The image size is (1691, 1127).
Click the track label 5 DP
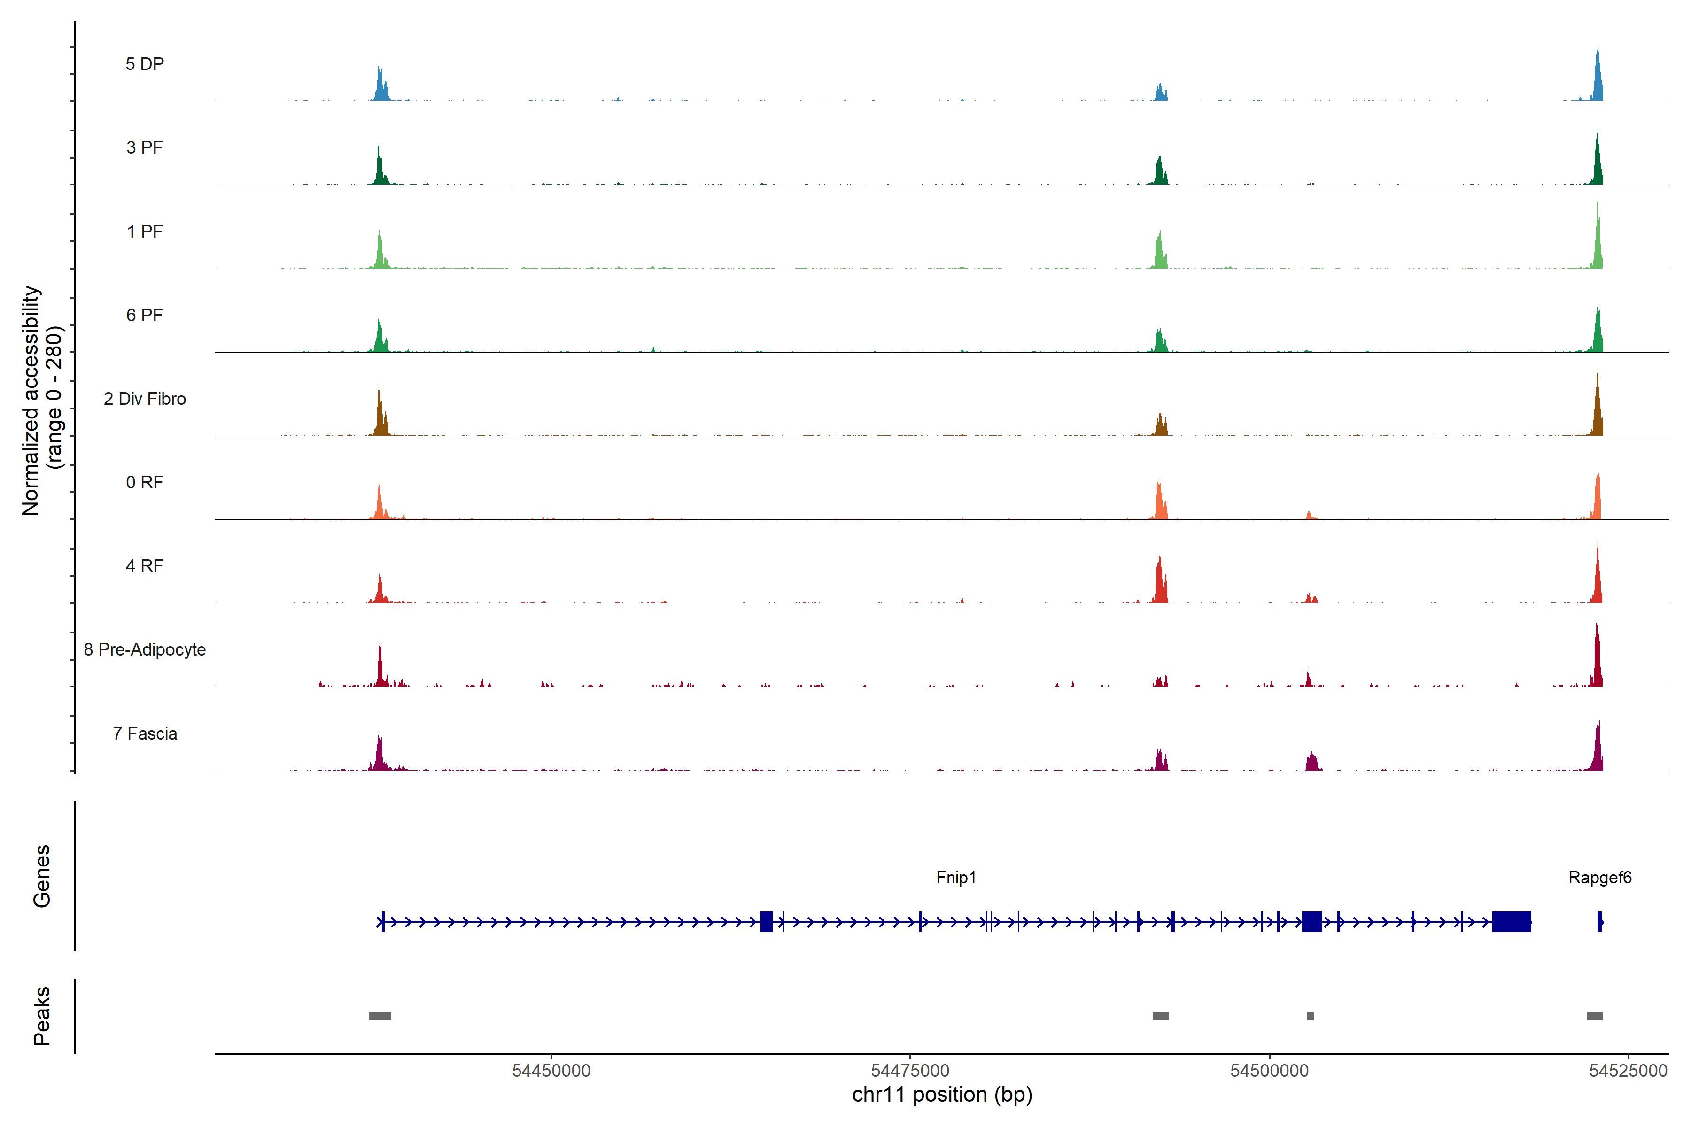pyautogui.click(x=145, y=64)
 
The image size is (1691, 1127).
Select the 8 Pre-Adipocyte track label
pyautogui.click(x=145, y=650)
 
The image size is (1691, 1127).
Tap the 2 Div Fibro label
pyautogui.click(x=145, y=399)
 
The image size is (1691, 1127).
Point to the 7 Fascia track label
pyautogui.click(x=145, y=734)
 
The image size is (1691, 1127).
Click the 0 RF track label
pyautogui.click(x=145, y=482)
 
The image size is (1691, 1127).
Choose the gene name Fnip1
pyautogui.click(x=955, y=878)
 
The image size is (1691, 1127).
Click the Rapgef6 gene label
pyautogui.click(x=1600, y=878)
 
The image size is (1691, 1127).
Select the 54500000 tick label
pyautogui.click(x=1269, y=1071)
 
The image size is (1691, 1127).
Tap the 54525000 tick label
pyautogui.click(x=1628, y=1071)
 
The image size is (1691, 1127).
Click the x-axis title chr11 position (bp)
pyautogui.click(x=942, y=1095)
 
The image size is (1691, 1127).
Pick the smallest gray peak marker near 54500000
pyautogui.click(x=1310, y=1016)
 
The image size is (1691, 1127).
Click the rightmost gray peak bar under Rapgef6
pyautogui.click(x=1595, y=1016)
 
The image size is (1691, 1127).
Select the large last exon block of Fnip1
pyautogui.click(x=1511, y=921)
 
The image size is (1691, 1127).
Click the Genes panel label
pyautogui.click(x=42, y=876)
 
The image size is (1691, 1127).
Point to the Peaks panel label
pyautogui.click(x=42, y=1016)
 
